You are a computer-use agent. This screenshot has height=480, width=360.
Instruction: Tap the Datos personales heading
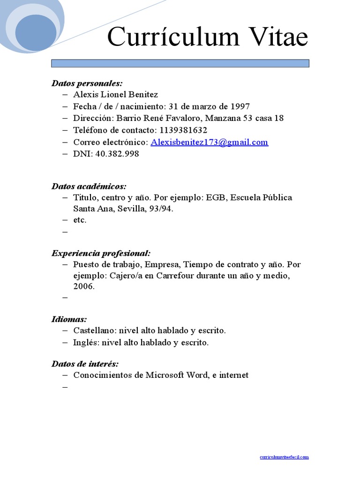(87, 83)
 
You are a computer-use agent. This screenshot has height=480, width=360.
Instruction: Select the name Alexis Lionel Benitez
(116, 95)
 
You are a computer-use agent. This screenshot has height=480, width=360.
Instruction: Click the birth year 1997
(240, 106)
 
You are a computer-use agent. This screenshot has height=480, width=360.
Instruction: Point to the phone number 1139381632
(183, 130)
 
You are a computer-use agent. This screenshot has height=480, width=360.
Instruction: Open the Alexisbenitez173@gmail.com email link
(210, 142)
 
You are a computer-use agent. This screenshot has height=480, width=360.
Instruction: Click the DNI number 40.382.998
(117, 154)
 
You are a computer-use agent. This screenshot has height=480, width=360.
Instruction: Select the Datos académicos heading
(89, 187)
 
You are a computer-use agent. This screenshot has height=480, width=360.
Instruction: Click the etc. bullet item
(80, 220)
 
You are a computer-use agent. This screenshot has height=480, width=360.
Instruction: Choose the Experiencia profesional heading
(101, 254)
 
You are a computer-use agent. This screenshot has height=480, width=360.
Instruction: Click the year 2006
(84, 286)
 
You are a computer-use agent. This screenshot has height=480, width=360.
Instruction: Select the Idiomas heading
(69, 320)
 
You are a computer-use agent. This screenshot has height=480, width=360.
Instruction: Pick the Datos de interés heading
(85, 364)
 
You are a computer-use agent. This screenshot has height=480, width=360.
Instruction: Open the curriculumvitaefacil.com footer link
(285, 457)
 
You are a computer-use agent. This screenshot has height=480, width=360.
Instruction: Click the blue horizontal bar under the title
(180, 63)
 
